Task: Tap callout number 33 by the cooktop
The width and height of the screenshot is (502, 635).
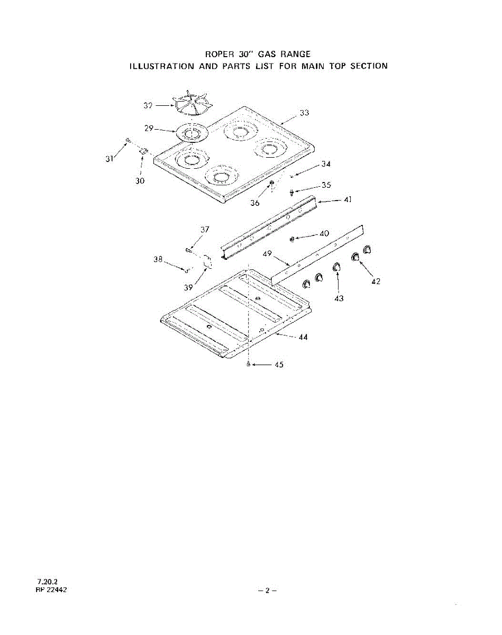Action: point(304,113)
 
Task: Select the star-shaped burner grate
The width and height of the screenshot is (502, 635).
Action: point(192,103)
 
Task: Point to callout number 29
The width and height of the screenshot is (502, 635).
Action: point(149,129)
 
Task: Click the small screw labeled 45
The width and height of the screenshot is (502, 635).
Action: point(248,365)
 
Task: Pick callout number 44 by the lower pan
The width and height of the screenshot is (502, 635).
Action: point(303,337)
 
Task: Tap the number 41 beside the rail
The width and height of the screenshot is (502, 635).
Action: point(348,200)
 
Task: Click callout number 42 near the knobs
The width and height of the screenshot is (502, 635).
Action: point(376,282)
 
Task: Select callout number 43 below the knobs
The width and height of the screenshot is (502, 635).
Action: point(339,298)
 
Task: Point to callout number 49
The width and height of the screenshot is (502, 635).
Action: point(267,254)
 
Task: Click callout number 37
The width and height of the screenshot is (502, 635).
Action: point(205,229)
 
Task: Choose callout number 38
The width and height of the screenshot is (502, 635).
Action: point(158,259)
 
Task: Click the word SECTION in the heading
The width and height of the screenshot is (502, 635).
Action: point(369,66)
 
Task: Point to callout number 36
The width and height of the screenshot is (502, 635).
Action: point(255,203)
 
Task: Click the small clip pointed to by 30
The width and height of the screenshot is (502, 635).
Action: point(143,151)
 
